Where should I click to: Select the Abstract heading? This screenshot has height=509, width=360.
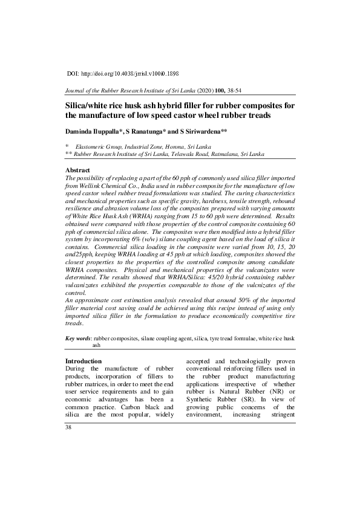click(77, 171)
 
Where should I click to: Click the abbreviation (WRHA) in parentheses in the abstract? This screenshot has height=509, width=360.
click(134, 225)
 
